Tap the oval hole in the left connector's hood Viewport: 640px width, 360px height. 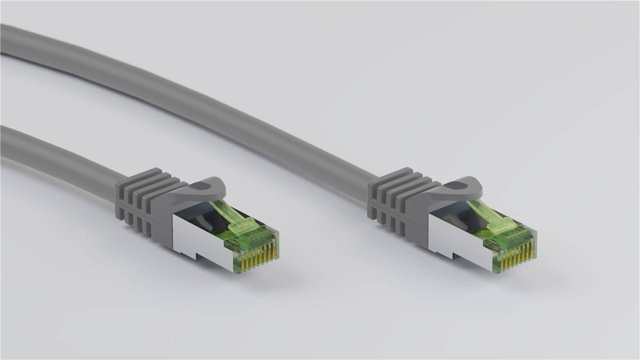(x=202, y=187)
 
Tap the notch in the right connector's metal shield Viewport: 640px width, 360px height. (x=459, y=256)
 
